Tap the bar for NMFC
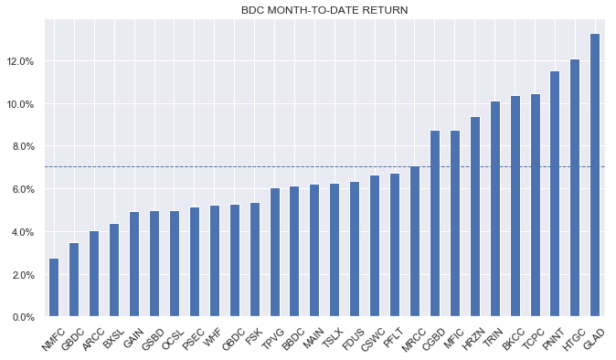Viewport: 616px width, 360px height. pos(54,288)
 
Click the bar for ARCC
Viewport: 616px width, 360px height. pos(94,274)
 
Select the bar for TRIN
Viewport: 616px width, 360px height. pos(495,209)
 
